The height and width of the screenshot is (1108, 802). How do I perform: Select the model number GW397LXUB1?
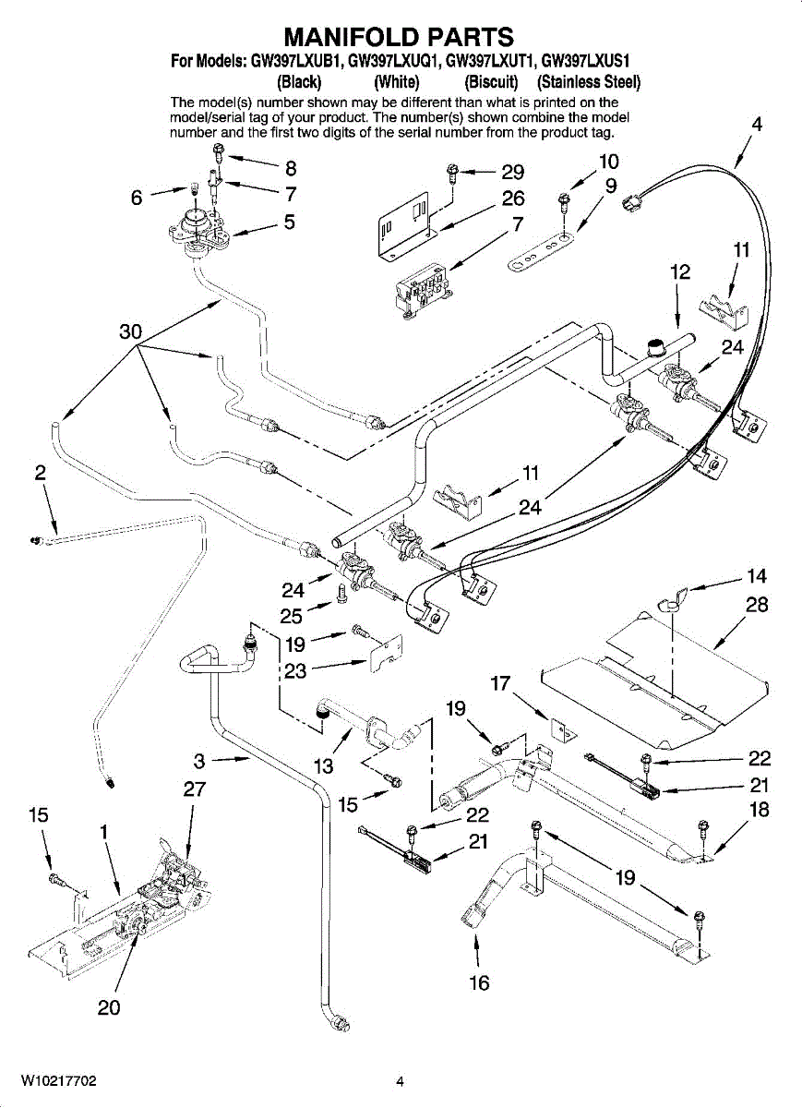[295, 62]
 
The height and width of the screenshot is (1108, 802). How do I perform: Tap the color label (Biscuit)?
[484, 81]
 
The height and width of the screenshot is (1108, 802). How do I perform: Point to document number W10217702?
[58, 1081]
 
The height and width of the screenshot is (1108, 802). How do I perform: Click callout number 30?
[130, 332]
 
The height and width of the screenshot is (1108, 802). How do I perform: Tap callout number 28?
[757, 606]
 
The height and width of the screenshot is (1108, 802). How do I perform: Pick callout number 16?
[479, 983]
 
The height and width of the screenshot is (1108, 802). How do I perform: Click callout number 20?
[109, 1008]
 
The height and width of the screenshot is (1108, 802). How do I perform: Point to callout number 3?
[199, 761]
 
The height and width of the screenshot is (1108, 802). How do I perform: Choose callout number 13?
[323, 765]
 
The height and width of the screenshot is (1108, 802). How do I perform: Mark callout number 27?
[194, 789]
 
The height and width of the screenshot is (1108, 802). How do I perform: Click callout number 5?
[290, 222]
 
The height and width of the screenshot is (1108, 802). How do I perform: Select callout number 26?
[513, 198]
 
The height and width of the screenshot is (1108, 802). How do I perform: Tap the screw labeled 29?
[453, 171]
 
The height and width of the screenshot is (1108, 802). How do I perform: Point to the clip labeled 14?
[670, 602]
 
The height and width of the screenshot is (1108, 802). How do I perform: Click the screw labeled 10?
[563, 199]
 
